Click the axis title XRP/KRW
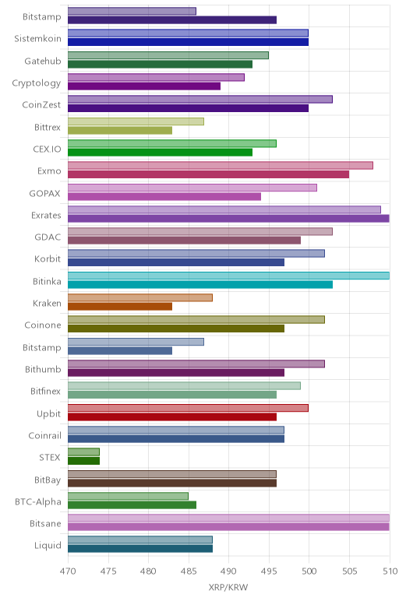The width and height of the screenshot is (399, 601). pyautogui.click(x=228, y=587)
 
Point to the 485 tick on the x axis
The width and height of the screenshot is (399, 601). pyautogui.click(x=189, y=571)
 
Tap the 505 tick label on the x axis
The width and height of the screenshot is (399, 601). pyautogui.click(x=349, y=571)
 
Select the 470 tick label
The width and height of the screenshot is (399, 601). pyautogui.click(x=68, y=571)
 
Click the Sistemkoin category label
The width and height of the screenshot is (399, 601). pyautogui.click(x=37, y=39)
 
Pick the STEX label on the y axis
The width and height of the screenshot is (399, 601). pyautogui.click(x=50, y=457)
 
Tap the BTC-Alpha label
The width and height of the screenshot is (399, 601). pyautogui.click(x=38, y=501)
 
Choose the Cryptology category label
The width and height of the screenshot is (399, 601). pyautogui.click(x=37, y=83)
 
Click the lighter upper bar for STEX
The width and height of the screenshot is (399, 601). pyautogui.click(x=83, y=452)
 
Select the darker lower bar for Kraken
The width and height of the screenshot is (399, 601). pyautogui.click(x=120, y=307)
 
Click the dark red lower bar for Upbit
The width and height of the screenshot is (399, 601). pyautogui.click(x=172, y=417)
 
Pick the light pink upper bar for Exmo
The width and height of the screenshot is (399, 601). pyautogui.click(x=221, y=166)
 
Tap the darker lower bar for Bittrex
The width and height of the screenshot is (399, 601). pyautogui.click(x=120, y=131)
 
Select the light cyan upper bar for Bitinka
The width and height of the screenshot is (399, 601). pyautogui.click(x=228, y=276)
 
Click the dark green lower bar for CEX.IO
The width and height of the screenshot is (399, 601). pyautogui.click(x=160, y=153)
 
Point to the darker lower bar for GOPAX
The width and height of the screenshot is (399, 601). pyautogui.click(x=164, y=197)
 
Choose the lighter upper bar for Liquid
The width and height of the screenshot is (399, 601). pyautogui.click(x=140, y=540)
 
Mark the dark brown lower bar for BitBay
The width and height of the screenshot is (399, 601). pyautogui.click(x=172, y=483)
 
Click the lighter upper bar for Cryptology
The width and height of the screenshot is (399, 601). pyautogui.click(x=156, y=77)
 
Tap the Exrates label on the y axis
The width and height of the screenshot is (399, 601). pyautogui.click(x=46, y=216)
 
